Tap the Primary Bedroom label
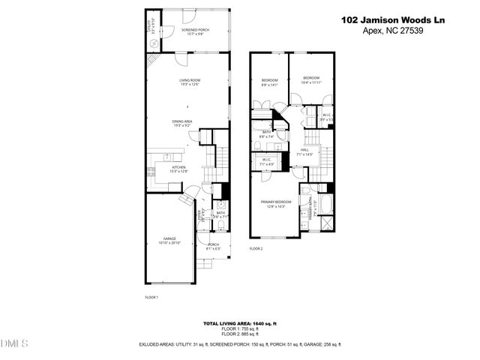(x=274, y=203)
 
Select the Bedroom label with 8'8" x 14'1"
(x=269, y=82)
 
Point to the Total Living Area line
(x=240, y=323)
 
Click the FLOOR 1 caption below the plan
(x=151, y=298)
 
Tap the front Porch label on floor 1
(x=213, y=245)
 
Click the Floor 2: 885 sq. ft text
(x=240, y=334)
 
